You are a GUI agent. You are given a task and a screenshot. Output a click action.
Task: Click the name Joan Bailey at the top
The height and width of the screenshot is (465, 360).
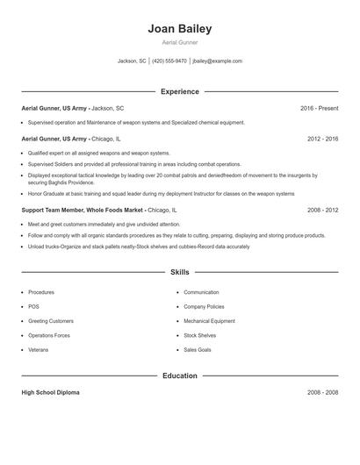180,28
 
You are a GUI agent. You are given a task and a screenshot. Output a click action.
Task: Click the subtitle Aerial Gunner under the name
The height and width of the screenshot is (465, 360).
180,42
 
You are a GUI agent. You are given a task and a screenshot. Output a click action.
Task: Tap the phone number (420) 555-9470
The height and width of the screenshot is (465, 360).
169,61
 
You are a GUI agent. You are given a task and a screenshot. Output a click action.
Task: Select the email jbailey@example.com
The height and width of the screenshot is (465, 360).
217,61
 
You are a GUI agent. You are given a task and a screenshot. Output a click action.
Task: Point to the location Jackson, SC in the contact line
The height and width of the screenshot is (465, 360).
132,61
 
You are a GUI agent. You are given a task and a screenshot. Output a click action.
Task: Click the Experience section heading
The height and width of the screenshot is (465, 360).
180,91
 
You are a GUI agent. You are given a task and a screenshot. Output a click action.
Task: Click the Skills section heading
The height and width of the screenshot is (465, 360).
180,273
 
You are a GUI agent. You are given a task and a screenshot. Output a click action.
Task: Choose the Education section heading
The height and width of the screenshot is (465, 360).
180,376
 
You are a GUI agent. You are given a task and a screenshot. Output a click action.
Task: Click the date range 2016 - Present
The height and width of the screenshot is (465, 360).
319,108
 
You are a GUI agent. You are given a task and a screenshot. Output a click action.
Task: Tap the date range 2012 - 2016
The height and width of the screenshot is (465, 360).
322,139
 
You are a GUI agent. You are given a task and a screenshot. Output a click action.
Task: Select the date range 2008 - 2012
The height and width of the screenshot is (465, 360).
322,211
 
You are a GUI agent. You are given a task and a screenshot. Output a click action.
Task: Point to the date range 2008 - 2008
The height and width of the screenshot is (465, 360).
322,392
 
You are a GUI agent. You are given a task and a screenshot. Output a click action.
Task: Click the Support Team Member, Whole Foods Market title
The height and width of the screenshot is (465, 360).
83,211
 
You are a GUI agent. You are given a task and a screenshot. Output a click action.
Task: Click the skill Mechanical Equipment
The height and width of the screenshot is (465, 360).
209,321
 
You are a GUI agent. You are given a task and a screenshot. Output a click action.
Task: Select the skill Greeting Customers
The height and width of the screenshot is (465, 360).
51,321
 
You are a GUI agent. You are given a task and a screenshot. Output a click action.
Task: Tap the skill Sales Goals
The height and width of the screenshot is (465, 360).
198,350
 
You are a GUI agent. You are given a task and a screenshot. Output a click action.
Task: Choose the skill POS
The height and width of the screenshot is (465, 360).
33,307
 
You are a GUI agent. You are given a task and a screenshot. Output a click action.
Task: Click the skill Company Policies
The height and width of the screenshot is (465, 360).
204,307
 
